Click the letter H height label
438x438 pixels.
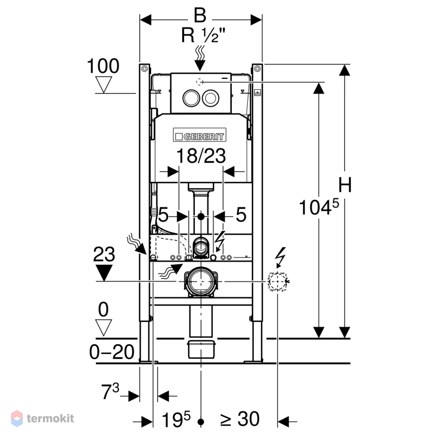(x=345, y=185)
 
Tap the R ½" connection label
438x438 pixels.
(x=203, y=35)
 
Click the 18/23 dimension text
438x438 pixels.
(x=201, y=155)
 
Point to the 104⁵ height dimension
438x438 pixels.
(x=319, y=207)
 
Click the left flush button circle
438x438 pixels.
(x=191, y=98)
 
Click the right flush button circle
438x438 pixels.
(x=211, y=98)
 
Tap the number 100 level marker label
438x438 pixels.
(x=103, y=66)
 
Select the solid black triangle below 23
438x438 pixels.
(x=104, y=272)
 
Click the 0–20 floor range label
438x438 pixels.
(x=112, y=352)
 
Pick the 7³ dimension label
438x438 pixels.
(x=110, y=391)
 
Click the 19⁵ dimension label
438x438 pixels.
(x=176, y=419)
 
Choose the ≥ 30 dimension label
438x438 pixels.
(x=240, y=419)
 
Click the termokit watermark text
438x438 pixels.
(x=50, y=418)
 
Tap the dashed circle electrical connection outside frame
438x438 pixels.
(x=277, y=281)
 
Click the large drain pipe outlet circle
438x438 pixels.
(x=201, y=282)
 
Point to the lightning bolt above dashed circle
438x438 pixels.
(x=280, y=257)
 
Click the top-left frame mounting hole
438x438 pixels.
(x=145, y=69)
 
